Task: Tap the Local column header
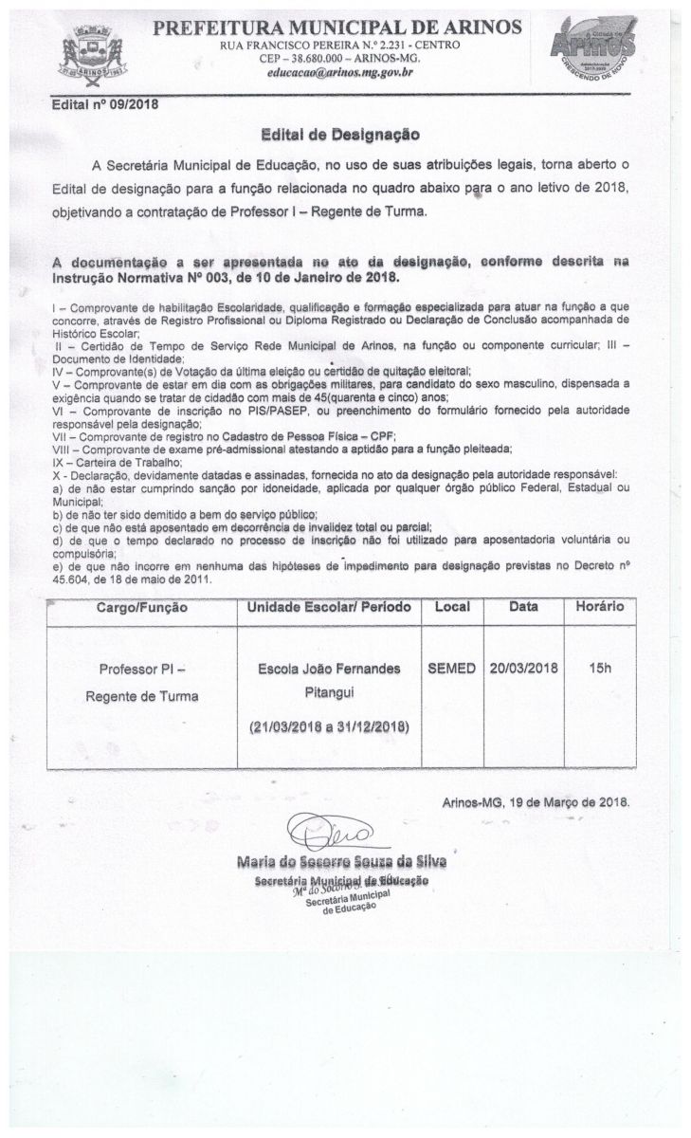click(x=452, y=607)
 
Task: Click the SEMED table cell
click(x=452, y=668)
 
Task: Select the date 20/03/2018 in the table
click(x=523, y=668)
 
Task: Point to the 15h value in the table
click(x=599, y=668)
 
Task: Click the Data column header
click(x=523, y=607)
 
